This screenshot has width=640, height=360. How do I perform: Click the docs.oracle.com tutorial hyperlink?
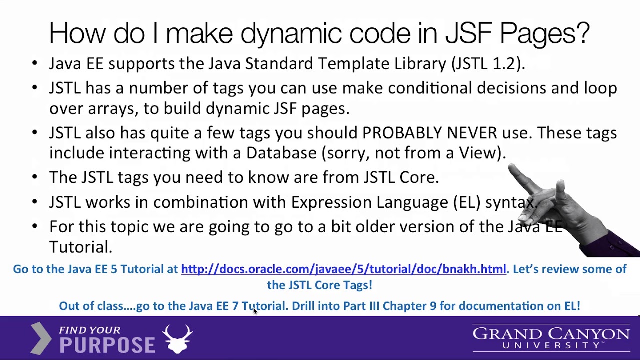tap(343, 269)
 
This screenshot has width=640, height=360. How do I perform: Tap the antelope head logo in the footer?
tap(177, 338)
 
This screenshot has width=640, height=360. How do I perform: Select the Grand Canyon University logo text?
tap(551, 338)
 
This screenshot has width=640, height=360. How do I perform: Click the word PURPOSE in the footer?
tap(107, 345)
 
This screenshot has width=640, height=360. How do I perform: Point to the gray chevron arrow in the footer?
tap(41, 338)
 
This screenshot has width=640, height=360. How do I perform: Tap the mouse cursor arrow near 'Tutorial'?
tap(255, 311)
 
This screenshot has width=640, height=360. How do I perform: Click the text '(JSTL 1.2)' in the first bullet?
tap(488, 64)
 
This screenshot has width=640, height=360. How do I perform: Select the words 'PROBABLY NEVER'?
tap(429, 133)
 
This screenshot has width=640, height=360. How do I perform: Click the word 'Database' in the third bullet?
tap(281, 153)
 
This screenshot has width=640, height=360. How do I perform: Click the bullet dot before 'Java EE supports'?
tap(34, 63)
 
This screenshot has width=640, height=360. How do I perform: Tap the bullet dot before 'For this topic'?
tap(34, 226)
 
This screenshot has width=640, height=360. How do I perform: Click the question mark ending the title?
tap(581, 33)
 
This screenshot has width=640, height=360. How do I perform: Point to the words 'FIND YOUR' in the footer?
tap(89, 330)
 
